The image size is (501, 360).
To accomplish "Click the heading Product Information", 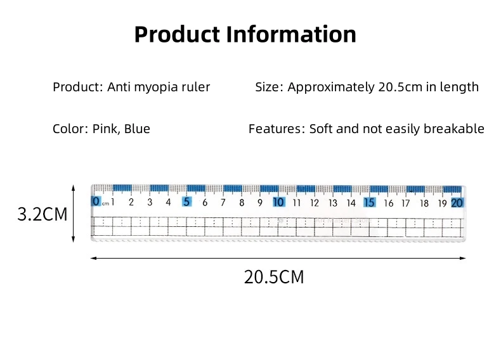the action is [x=245, y=34].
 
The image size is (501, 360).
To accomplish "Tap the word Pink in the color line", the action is [x=104, y=129].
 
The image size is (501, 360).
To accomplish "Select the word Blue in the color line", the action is [x=137, y=129].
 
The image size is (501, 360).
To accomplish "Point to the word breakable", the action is [x=453, y=129].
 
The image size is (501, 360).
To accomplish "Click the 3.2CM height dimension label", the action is [x=42, y=214].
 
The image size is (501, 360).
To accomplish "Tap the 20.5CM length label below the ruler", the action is [x=274, y=277].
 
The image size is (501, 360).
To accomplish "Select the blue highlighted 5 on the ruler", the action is [x=186, y=202].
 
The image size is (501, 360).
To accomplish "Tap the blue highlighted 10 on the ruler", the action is [x=278, y=202].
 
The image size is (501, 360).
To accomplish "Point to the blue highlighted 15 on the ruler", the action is [x=369, y=202].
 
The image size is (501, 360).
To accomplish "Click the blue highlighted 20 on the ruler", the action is [x=457, y=203].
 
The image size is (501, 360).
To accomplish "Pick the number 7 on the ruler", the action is [x=223, y=203].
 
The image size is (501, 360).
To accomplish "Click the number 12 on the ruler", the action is [x=315, y=203].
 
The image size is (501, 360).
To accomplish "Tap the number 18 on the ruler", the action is [x=424, y=203].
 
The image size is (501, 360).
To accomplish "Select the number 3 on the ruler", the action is [x=150, y=203].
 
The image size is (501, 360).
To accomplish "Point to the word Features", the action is [x=275, y=129].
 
